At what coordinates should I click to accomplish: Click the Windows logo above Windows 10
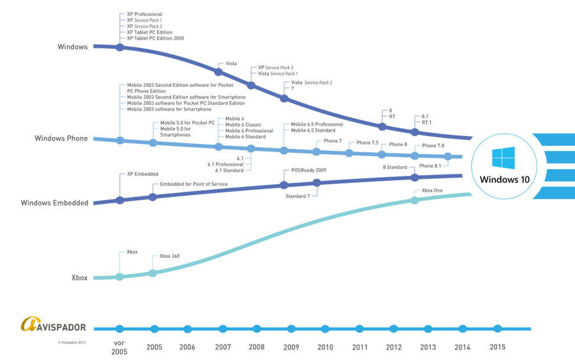tap(503, 158)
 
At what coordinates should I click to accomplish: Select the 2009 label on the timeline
tap(291, 347)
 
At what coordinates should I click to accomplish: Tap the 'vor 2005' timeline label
tap(119, 347)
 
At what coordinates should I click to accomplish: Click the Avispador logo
tap(54, 324)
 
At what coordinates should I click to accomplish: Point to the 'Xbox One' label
tap(432, 191)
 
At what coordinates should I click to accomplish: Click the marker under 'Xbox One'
tap(415, 200)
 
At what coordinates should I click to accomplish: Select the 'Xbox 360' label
tap(169, 256)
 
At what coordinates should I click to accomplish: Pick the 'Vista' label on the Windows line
tap(231, 63)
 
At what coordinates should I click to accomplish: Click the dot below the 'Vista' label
tap(218, 72)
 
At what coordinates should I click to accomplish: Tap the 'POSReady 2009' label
tap(309, 170)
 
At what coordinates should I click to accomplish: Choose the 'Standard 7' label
tap(297, 196)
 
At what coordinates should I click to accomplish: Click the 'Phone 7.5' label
tap(367, 143)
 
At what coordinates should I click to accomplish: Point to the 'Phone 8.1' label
tap(430, 166)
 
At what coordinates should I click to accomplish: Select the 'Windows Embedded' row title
tap(54, 203)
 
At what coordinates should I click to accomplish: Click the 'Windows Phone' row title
tap(61, 138)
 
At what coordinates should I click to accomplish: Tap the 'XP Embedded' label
tap(142, 174)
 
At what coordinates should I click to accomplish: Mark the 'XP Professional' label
tap(144, 14)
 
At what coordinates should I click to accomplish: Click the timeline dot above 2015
tap(497, 329)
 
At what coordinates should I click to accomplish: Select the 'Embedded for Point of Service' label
tap(194, 184)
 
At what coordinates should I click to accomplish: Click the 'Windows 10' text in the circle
tap(505, 180)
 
